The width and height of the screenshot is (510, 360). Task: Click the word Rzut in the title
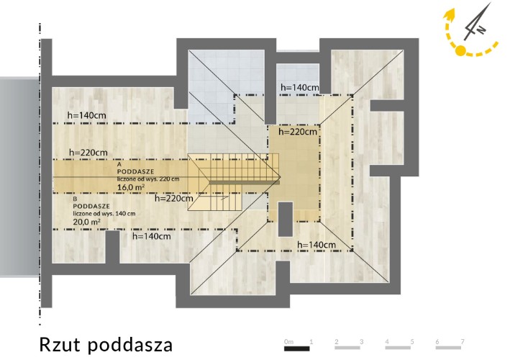(60, 345)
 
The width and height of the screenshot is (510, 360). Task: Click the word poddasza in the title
(130, 346)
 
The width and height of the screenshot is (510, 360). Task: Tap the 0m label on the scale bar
(289, 342)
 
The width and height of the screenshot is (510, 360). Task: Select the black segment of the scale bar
(297, 348)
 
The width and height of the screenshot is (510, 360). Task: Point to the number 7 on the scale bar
(463, 342)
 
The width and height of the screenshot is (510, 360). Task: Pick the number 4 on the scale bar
(387, 342)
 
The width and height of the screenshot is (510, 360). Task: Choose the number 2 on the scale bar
(337, 342)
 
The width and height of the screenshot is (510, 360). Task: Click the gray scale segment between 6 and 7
(449, 348)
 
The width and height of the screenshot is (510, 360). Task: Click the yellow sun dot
(460, 51)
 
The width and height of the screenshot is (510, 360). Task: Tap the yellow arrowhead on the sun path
(450, 14)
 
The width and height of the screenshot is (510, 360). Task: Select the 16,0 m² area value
(131, 187)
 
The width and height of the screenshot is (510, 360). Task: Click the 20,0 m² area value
(86, 222)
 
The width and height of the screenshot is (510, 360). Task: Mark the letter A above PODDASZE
(119, 165)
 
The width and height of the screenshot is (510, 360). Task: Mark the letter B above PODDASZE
(75, 199)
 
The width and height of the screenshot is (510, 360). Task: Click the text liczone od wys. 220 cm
(148, 179)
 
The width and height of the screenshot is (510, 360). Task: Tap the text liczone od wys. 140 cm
(104, 214)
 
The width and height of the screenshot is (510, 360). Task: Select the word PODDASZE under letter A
(136, 171)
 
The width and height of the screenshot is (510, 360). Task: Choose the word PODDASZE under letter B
(91, 206)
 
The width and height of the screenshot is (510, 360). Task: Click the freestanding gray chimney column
(286, 219)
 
